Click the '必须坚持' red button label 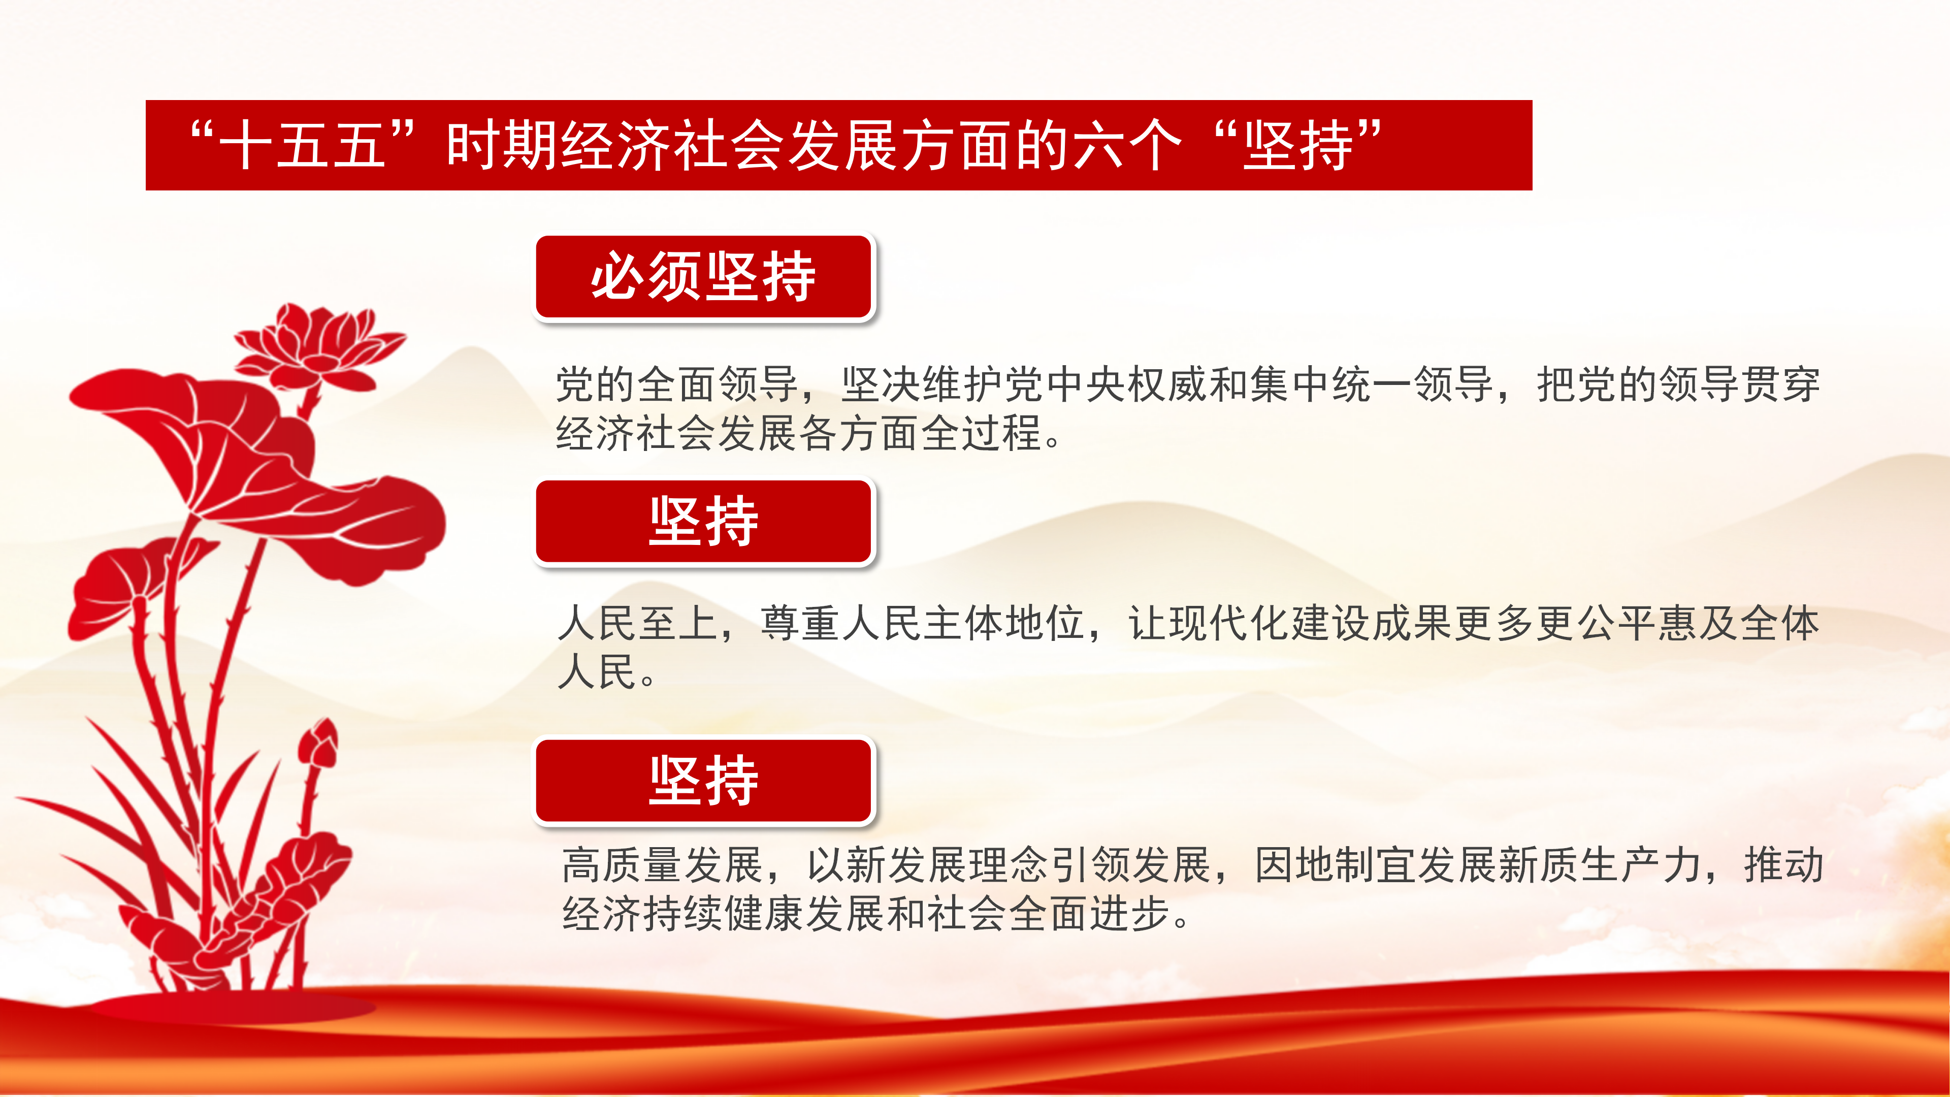704,277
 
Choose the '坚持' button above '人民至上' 704,522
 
